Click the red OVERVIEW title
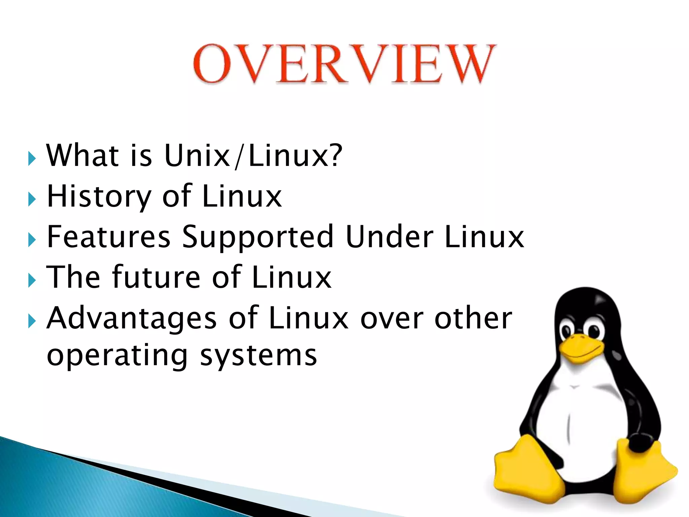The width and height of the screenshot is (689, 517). tap(344, 64)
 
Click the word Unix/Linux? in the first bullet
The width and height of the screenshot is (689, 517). tap(253, 156)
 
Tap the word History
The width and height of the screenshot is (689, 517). tap(99, 197)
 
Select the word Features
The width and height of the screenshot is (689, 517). tap(109, 237)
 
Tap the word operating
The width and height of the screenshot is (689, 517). tap(117, 356)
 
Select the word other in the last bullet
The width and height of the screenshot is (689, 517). tap(473, 318)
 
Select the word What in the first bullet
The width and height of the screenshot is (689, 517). tap(83, 156)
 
